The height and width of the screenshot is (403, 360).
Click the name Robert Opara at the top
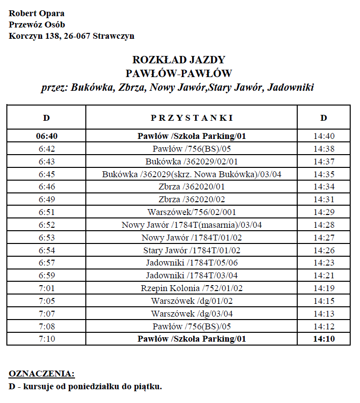(x=36, y=13)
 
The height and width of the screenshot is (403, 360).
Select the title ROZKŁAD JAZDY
(x=179, y=60)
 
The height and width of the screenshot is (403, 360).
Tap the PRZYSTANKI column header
(x=191, y=118)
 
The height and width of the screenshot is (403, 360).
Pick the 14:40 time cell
(x=324, y=136)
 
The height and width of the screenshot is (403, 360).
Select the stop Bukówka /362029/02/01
(x=191, y=161)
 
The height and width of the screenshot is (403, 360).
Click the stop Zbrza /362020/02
(x=191, y=199)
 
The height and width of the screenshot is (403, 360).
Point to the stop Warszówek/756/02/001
(x=191, y=212)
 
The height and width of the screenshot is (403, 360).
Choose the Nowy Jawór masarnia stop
(x=191, y=225)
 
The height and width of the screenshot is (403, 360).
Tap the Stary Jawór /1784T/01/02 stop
(x=191, y=250)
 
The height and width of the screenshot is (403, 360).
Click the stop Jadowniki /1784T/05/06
(x=191, y=263)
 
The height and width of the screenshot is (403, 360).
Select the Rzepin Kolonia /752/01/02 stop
(x=191, y=288)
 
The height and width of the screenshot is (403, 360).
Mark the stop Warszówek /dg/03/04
(x=191, y=314)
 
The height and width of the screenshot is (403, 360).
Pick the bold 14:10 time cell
(x=324, y=339)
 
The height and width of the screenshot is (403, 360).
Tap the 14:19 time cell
(x=324, y=288)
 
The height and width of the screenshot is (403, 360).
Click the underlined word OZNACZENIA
(x=42, y=374)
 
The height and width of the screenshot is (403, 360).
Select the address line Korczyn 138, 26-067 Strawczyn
(x=72, y=36)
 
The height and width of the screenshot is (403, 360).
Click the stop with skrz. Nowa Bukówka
(x=191, y=174)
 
